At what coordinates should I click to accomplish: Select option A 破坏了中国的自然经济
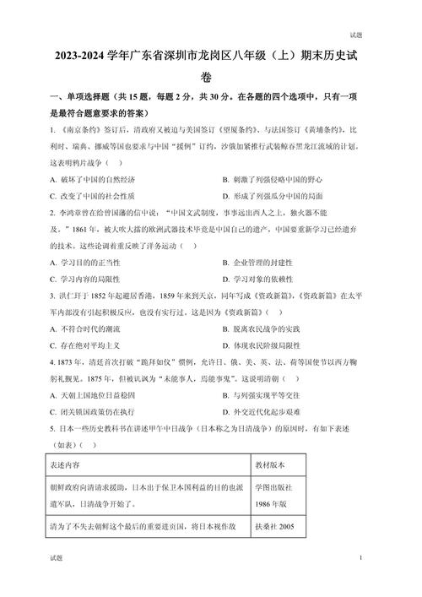pyautogui.click(x=93, y=179)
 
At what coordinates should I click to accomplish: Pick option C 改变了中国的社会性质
pyautogui.click(x=93, y=196)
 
